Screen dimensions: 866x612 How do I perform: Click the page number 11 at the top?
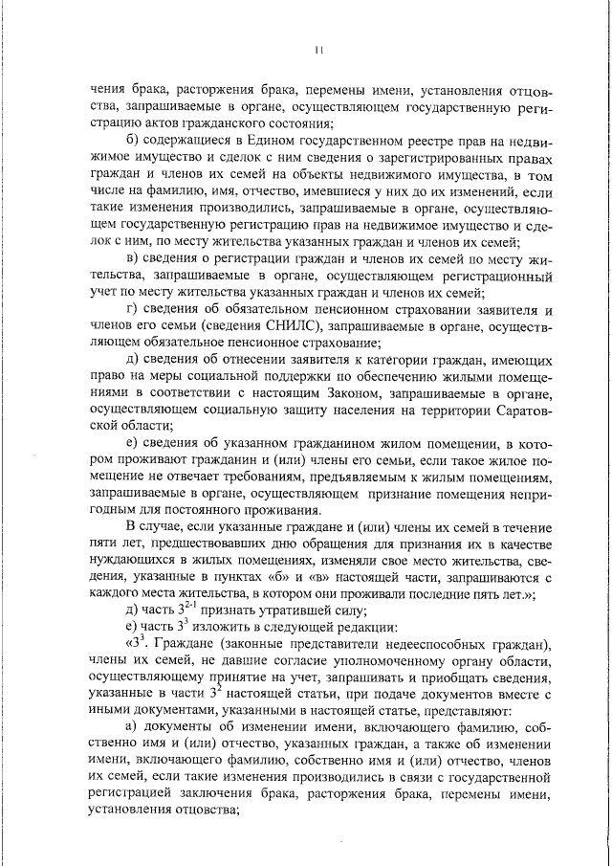point(321,49)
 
